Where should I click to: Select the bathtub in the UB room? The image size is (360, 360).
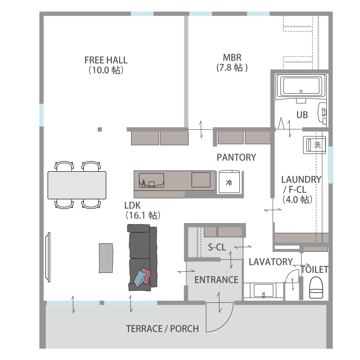(x=301, y=86)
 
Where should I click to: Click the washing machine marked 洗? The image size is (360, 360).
(x=315, y=145)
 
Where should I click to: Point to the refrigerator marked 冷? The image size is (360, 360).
(x=230, y=182)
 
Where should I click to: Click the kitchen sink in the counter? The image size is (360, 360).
(x=151, y=180)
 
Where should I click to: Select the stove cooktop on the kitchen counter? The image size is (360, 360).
(x=201, y=180)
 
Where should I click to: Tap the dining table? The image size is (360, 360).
(x=77, y=185)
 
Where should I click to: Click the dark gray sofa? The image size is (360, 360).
(x=142, y=257)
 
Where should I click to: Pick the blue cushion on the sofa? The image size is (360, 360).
(x=139, y=279)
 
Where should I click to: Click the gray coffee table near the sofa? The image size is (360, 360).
(x=106, y=258)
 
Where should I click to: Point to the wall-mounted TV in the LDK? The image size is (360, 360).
(x=48, y=257)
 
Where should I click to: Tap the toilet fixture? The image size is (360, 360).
(x=316, y=287)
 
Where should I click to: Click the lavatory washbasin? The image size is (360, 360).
(x=263, y=291)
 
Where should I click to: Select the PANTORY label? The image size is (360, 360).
(x=236, y=157)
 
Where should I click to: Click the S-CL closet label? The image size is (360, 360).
(x=217, y=247)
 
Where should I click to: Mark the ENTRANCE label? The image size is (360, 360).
(x=216, y=280)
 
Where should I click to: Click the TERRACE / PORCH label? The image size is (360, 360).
(x=162, y=329)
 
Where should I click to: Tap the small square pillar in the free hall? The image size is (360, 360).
(x=100, y=130)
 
